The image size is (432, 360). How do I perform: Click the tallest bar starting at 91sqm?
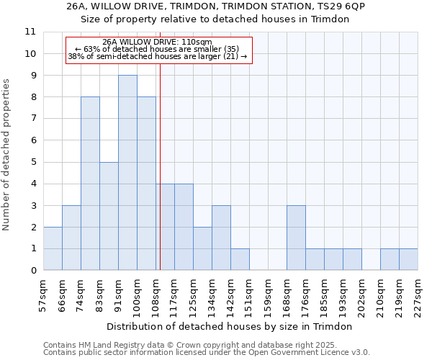pyautogui.click(x=127, y=173)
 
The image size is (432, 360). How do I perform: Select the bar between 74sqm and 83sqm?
pyautogui.click(x=90, y=184)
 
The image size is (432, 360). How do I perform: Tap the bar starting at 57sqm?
pyautogui.click(x=53, y=248)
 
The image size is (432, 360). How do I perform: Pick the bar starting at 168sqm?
pyautogui.click(x=296, y=238)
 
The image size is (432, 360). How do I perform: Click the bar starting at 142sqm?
pyautogui.click(x=240, y=259)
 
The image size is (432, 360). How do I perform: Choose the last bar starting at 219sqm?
pyautogui.click(x=408, y=259)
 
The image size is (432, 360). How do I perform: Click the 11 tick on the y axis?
pyautogui.click(x=30, y=32)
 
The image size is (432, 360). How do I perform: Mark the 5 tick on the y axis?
pyautogui.click(x=33, y=162)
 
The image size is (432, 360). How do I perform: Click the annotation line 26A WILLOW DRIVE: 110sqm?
pyautogui.click(x=157, y=42)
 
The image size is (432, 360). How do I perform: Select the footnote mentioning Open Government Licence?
pyautogui.click(x=207, y=353)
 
